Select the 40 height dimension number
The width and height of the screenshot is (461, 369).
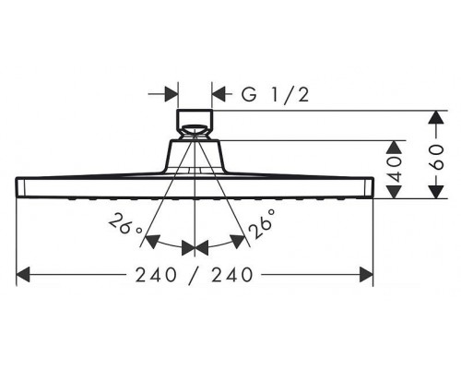click(x=395, y=167)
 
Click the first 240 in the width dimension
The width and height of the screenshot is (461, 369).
click(x=152, y=275)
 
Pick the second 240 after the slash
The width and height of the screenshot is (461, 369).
click(x=235, y=275)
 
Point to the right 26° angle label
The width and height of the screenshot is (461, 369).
click(x=259, y=227)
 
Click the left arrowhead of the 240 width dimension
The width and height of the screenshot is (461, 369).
click(x=24, y=275)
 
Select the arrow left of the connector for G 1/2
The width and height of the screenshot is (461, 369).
click(x=171, y=93)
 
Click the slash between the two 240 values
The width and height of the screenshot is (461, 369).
click(x=195, y=275)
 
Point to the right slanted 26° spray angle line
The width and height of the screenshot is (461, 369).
click(x=222, y=203)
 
